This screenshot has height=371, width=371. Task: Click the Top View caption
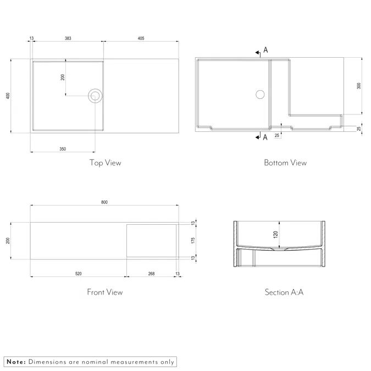[106, 163]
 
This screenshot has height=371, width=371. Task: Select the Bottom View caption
[285, 163]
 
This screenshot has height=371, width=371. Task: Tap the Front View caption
[105, 292]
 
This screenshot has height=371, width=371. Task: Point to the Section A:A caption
[284, 292]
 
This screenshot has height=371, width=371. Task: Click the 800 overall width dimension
[104, 202]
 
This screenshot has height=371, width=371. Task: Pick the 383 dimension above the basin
[68, 38]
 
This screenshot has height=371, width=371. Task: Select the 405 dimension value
[141, 38]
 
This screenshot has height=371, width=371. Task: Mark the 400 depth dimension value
[8, 95]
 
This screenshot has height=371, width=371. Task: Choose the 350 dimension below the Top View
[62, 149]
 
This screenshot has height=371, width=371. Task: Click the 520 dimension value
[78, 273]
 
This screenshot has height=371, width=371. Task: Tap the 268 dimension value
[151, 273]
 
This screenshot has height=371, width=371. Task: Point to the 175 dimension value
[193, 240]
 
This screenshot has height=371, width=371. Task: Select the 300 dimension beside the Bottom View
[359, 86]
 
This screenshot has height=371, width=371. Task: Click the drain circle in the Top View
[95, 96]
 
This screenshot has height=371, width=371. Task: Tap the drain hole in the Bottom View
[260, 94]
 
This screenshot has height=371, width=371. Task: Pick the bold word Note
[15, 362]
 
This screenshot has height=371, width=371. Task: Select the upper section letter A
[265, 50]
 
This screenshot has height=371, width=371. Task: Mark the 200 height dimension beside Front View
[8, 240]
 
